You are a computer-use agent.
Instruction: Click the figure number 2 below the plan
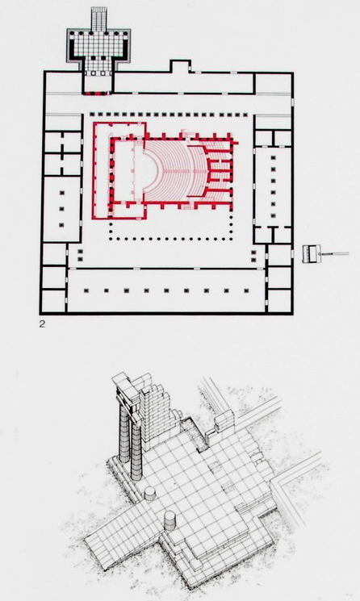(42, 324)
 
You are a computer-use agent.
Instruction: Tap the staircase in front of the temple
(98, 18)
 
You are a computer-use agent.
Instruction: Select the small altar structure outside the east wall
(311, 254)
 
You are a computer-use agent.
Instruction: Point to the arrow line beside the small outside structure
(335, 253)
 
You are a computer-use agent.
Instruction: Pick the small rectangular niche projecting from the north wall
(180, 66)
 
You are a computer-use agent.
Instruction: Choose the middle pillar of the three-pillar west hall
(61, 209)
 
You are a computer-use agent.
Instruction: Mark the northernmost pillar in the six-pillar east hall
(274, 157)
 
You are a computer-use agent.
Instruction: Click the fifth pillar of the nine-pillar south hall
(166, 291)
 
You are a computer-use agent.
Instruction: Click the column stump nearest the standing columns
(150, 494)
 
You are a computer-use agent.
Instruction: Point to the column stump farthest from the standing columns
(170, 520)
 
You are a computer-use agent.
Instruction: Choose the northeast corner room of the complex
(273, 83)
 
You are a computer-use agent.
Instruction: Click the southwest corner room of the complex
(53, 301)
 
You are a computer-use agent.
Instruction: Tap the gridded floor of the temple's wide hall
(99, 45)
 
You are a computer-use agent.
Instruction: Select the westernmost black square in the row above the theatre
(91, 115)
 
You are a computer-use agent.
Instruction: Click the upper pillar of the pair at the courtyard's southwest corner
(81, 252)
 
